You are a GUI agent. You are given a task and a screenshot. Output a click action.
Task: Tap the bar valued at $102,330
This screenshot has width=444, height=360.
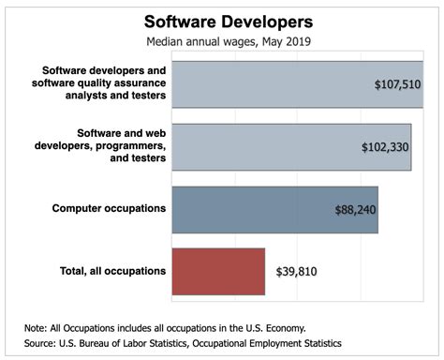pos(272,146)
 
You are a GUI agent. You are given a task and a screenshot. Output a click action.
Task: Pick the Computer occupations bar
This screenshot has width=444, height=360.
pos(253,209)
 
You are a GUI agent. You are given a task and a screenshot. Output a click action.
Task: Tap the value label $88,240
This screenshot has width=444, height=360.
pos(355,210)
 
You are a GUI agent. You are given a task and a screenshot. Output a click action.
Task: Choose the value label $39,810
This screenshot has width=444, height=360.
pos(301,271)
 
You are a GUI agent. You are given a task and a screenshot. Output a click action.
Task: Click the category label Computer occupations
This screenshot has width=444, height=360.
pos(110,207)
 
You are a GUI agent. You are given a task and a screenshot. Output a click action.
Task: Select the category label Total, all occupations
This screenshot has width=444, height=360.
pos(110,271)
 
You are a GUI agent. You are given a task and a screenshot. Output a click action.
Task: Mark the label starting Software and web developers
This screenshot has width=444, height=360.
pos(110,146)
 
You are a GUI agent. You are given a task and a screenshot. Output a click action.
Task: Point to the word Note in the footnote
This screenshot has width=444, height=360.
pos(36,327)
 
